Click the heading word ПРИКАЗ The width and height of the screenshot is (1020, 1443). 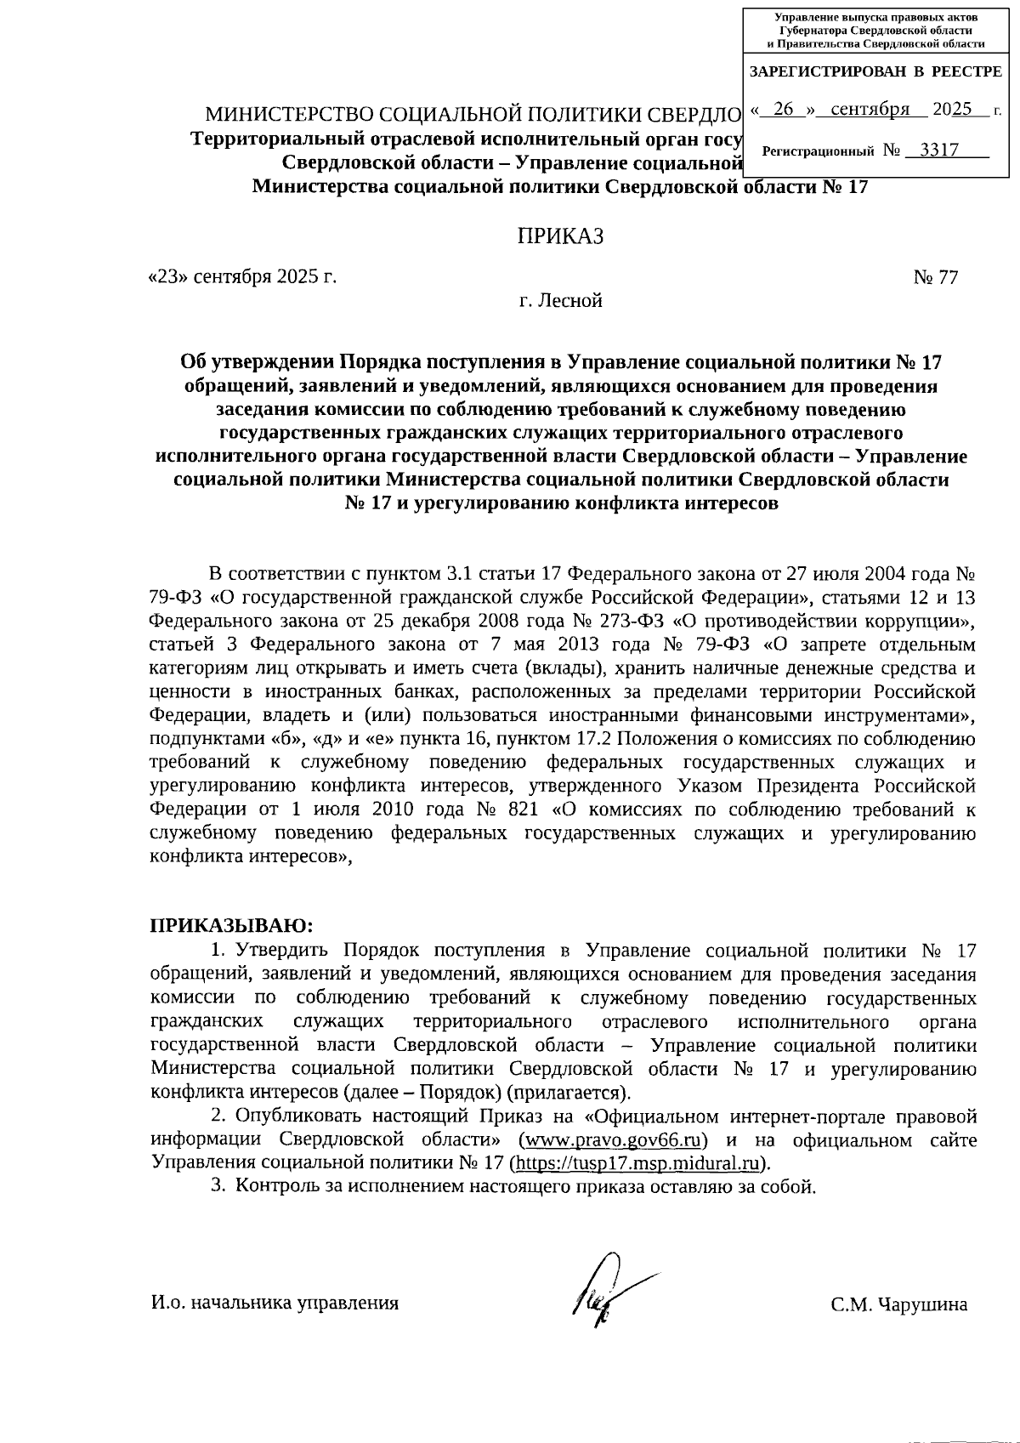click(561, 236)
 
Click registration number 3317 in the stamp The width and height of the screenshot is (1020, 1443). click(939, 151)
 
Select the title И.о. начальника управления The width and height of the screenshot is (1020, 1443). click(275, 1302)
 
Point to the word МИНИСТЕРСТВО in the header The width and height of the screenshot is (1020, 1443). click(287, 115)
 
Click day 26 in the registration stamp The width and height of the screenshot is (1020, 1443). click(785, 109)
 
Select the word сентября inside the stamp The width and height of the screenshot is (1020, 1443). click(870, 109)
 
